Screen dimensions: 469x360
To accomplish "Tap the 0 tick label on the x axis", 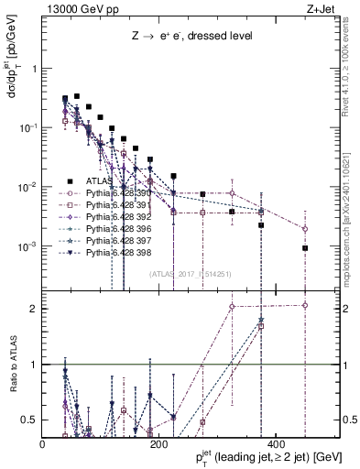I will tap(43, 445).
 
